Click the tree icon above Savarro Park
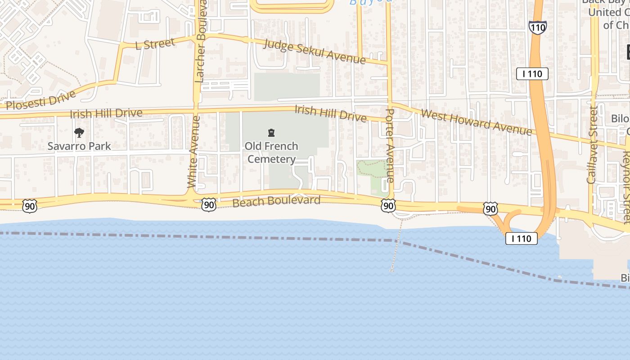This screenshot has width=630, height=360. [79, 133]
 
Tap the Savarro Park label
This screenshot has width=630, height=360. [79, 146]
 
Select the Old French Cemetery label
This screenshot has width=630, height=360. [272, 153]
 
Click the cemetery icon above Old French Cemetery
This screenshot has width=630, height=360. [271, 133]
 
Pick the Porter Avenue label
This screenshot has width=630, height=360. [390, 145]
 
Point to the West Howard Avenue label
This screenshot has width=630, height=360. [476, 121]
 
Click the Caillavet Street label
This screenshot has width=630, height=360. [593, 145]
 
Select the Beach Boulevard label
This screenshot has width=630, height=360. [276, 201]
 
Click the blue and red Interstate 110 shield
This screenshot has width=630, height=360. [537, 27]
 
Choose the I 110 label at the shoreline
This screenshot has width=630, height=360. [521, 238]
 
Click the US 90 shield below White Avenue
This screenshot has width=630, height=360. [209, 204]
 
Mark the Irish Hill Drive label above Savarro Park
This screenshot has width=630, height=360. [106, 113]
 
